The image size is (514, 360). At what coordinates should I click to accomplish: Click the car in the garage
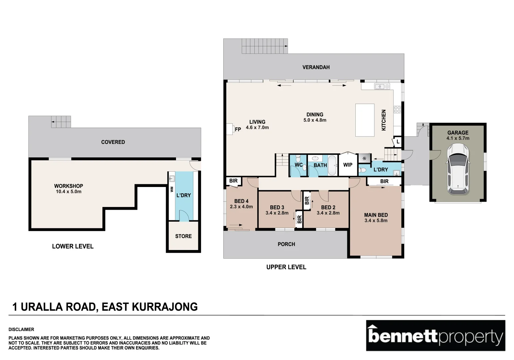[x=458, y=169]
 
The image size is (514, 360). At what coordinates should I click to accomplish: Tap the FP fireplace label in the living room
[x=238, y=129]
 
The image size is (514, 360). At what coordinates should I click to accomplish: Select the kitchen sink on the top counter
[x=382, y=87]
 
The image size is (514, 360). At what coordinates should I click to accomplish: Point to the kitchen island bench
[x=365, y=120]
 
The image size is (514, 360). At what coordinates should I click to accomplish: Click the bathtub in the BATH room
[x=332, y=165]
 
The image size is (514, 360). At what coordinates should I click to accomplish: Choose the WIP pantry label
[x=348, y=165]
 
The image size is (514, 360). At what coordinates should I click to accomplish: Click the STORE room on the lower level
[x=183, y=236]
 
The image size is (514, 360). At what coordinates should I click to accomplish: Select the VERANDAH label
[x=316, y=67]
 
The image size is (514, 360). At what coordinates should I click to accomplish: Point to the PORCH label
[x=286, y=244]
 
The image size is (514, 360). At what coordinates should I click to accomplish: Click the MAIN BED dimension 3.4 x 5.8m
[x=376, y=221]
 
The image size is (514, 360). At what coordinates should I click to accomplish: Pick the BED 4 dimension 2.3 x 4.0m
[x=241, y=207]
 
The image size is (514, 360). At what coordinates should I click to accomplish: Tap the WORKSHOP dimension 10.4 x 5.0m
[x=68, y=192]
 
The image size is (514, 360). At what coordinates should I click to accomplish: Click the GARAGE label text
[x=458, y=133]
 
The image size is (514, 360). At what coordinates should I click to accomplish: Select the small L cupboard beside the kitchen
[x=398, y=142]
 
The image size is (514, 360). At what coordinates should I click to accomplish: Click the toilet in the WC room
[x=298, y=159]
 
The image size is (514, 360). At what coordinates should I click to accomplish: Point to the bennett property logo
[x=435, y=336]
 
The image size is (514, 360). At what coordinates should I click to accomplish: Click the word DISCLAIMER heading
[x=21, y=329]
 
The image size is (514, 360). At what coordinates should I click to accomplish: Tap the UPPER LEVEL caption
[x=286, y=267]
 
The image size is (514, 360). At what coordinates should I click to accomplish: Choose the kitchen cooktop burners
[x=397, y=109]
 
